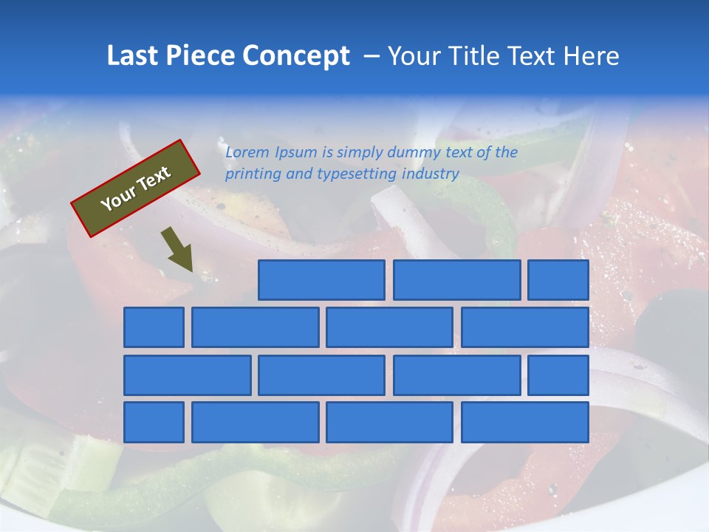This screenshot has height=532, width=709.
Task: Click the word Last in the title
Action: click(133, 56)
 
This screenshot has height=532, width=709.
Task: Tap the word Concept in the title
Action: click(296, 56)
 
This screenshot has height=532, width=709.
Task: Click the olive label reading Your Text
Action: click(136, 188)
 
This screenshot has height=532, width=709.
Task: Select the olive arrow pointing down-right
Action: click(178, 248)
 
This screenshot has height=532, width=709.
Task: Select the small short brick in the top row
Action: click(558, 280)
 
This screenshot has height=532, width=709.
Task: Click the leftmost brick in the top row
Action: click(321, 280)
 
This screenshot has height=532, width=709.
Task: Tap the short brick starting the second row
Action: click(154, 327)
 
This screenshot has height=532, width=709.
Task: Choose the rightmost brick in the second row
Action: click(525, 327)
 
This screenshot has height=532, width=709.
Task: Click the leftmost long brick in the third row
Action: click(187, 375)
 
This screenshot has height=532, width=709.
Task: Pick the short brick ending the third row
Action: click(558, 375)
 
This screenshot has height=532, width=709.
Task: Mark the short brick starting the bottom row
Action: click(154, 423)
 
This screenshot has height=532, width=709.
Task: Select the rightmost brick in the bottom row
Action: click(525, 423)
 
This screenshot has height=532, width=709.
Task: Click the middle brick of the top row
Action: click(456, 280)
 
